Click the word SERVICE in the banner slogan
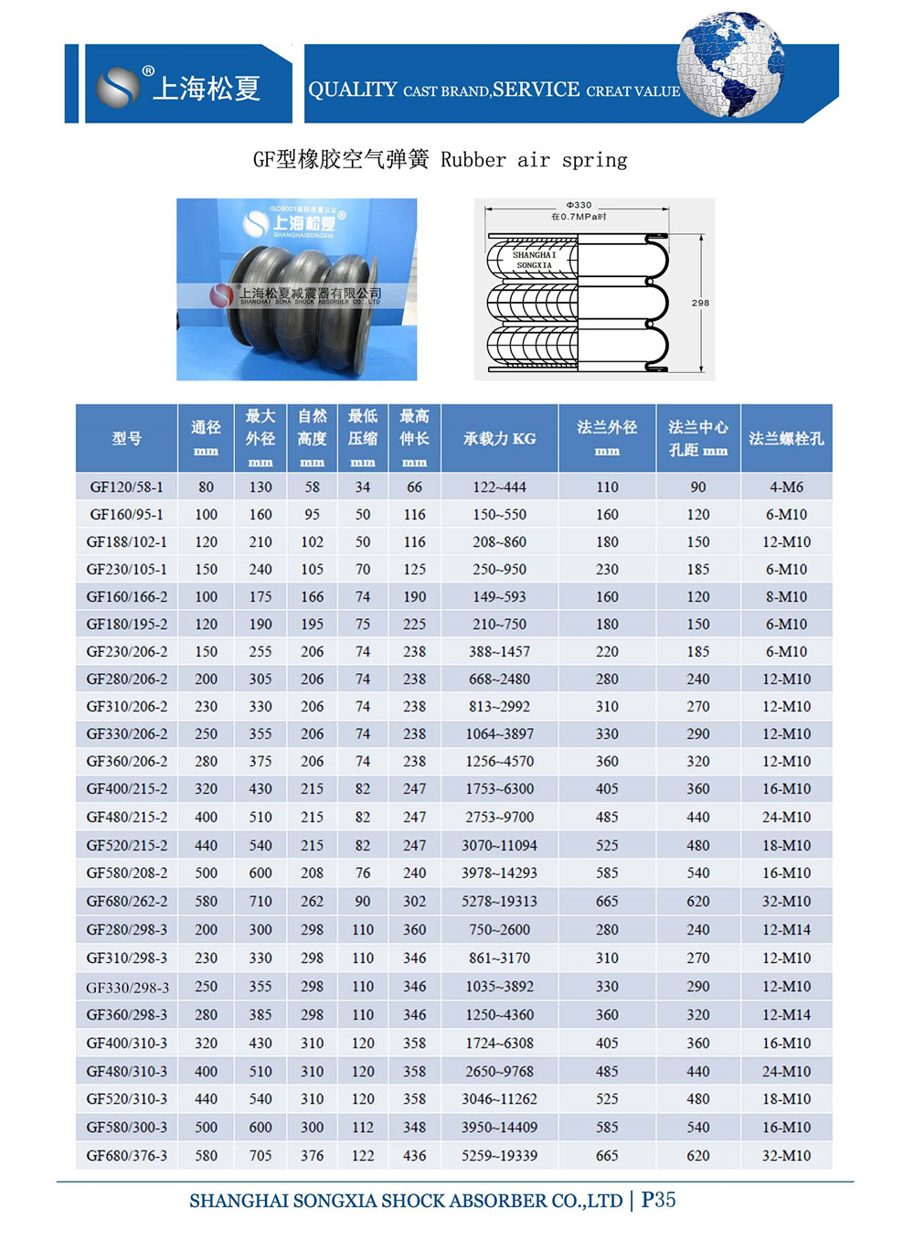(536, 90)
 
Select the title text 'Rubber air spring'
(534, 160)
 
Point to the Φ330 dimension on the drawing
(579, 205)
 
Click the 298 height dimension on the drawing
(700, 303)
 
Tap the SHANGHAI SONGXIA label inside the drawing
(535, 260)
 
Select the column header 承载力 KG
(499, 439)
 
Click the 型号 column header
(127, 439)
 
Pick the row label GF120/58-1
(126, 487)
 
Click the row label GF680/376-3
(126, 1156)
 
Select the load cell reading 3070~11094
(499, 846)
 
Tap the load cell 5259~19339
(499, 1156)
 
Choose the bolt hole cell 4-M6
(786, 487)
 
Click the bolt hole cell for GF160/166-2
(786, 597)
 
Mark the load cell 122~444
(499, 487)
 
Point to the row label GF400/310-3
(126, 1043)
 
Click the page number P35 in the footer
(658, 1200)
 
